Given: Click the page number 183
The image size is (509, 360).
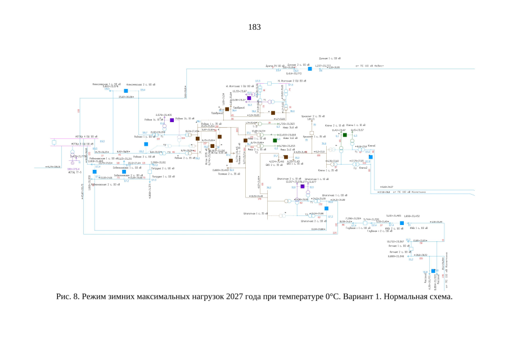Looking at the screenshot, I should pos(254,26).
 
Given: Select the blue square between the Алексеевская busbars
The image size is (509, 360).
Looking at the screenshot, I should pos(127,90).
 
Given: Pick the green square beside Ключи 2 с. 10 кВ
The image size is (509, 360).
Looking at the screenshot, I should pos(345,135).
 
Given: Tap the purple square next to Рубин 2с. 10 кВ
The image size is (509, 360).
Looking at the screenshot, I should pos(172,120).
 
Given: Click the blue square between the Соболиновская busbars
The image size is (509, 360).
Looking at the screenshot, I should pos(124,172).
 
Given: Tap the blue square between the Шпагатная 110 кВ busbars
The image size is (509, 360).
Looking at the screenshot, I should pos(334,209).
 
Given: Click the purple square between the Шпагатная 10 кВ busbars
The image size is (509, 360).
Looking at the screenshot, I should pos(302,186).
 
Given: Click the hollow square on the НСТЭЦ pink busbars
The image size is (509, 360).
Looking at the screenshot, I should pos(53,142).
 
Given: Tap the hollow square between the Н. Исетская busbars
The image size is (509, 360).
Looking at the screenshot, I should pos(269,83).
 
